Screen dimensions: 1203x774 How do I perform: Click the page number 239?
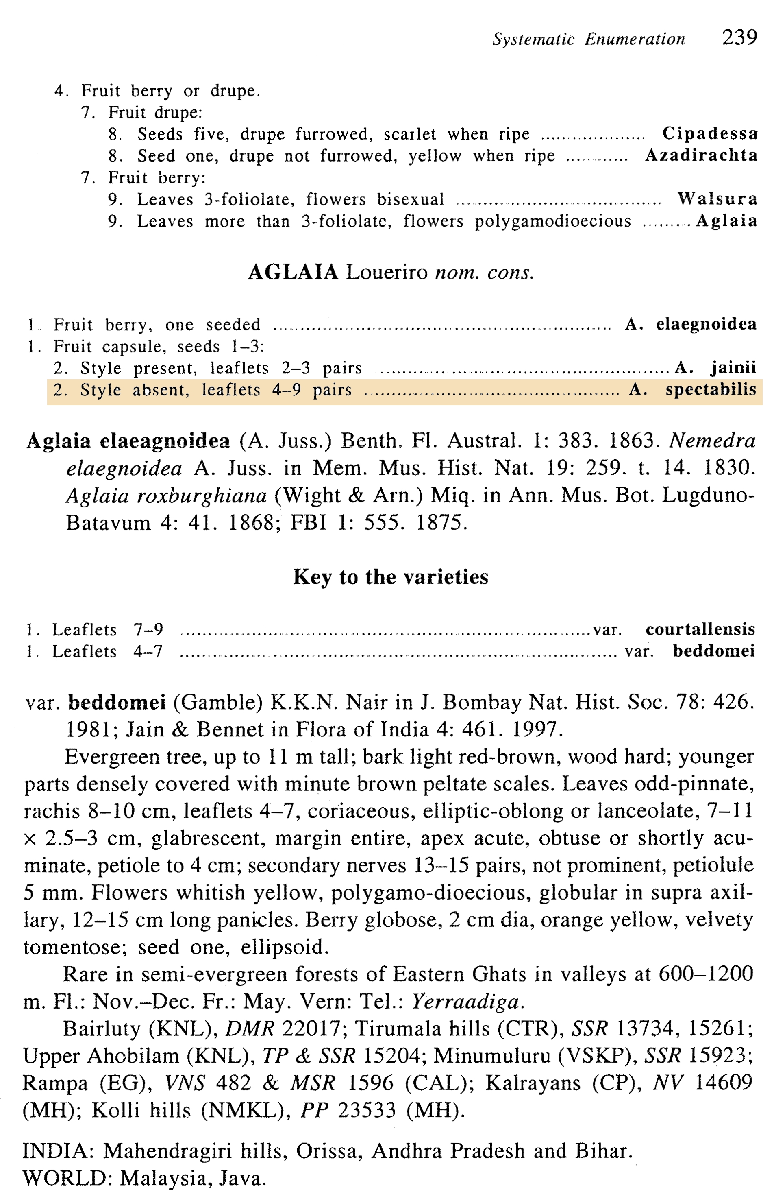(739, 38)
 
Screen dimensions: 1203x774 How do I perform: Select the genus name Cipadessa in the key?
(710, 133)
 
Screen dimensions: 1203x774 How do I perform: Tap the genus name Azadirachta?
(701, 155)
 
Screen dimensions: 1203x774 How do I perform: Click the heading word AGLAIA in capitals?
(293, 273)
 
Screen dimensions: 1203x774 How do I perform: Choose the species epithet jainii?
(733, 368)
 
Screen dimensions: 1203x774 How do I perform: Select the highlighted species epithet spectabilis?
(711, 390)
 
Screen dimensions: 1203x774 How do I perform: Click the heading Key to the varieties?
(391, 577)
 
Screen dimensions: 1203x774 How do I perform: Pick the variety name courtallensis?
(700, 629)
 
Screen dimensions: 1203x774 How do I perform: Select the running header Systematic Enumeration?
(588, 39)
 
